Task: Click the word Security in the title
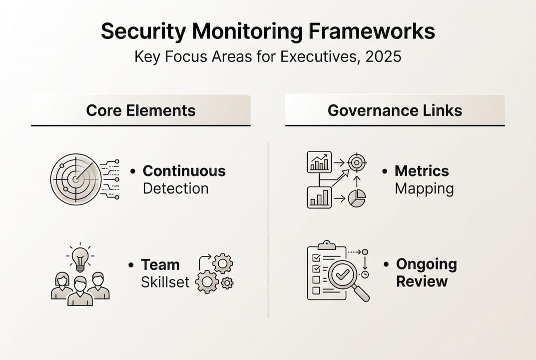tap(143, 32)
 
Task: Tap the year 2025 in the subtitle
tap(383, 56)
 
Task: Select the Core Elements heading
tap(141, 110)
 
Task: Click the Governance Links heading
tap(395, 110)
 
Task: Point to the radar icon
tap(76, 179)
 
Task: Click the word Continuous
tap(184, 171)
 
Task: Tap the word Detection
tap(176, 188)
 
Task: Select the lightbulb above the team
tap(80, 256)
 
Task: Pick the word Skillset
tap(165, 282)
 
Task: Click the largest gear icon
tap(207, 281)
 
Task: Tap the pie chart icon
tap(357, 198)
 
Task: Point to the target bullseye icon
tap(357, 162)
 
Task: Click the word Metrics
tap(422, 171)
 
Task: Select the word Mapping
tap(424, 189)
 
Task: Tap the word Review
tap(422, 281)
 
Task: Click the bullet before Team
tap(130, 265)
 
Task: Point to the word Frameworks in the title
tap(372, 32)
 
